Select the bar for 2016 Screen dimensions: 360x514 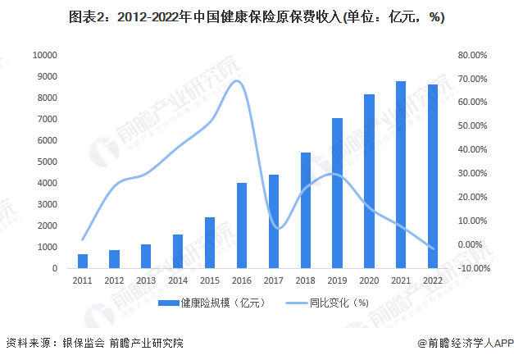point(242,226)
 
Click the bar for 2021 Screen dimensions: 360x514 point(401,175)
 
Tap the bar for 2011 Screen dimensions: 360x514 point(83,261)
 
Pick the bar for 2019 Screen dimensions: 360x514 point(337,194)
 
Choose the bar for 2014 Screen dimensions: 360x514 point(178,251)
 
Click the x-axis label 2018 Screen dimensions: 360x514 point(305,280)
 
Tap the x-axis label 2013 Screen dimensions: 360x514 point(146,280)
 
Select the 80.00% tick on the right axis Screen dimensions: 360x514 point(472,55)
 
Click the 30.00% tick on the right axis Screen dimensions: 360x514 point(472,174)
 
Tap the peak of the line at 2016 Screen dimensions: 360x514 point(238,80)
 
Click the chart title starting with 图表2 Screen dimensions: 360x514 point(257,17)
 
